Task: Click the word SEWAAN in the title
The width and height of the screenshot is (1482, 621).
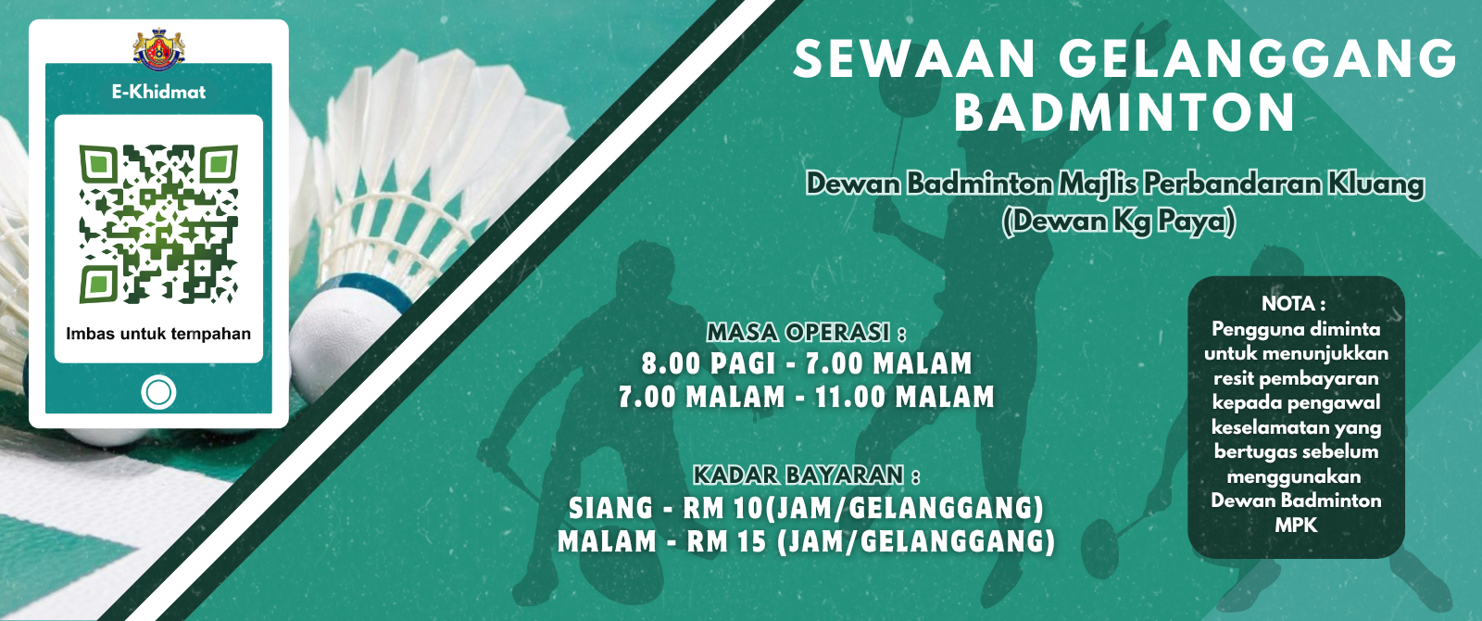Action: (913, 59)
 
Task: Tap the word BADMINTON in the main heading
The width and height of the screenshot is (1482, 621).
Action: (1124, 113)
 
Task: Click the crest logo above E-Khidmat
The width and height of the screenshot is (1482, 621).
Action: (158, 48)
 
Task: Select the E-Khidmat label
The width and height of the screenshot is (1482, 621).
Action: (158, 92)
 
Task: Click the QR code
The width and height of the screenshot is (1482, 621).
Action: (158, 223)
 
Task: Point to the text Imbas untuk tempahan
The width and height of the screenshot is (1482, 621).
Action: (158, 334)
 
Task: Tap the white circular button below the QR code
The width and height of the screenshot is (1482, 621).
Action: (158, 393)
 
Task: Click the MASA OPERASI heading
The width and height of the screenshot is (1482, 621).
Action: (806, 333)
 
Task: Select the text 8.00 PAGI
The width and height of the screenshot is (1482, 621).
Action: (709, 363)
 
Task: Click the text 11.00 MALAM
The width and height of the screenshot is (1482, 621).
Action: (904, 398)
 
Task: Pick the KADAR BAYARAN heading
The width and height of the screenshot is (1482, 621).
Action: (806, 475)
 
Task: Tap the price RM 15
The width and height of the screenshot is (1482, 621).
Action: (726, 541)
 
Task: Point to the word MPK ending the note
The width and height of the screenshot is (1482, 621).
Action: (1296, 525)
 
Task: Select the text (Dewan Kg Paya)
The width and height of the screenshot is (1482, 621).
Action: (1118, 222)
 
